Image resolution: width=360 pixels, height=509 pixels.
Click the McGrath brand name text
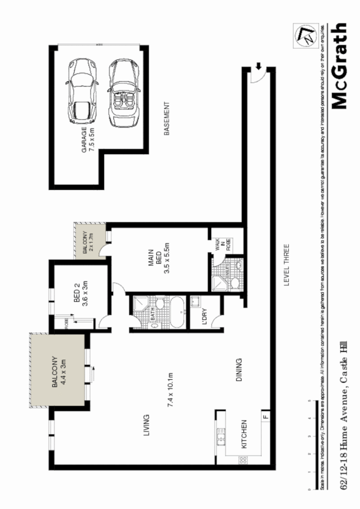point(340,66)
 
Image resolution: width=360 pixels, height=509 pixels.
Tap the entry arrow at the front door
point(258,66)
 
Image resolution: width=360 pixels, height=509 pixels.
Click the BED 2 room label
point(81,293)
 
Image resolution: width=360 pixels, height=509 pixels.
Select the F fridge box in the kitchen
point(264,417)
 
